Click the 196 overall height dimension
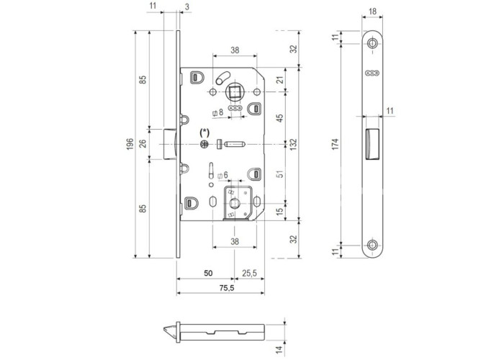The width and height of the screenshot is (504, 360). (x=129, y=145)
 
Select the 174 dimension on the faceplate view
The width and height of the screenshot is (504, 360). (x=336, y=144)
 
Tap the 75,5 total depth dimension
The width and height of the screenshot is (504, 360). (x=227, y=288)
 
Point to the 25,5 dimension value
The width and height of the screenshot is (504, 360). (x=249, y=273)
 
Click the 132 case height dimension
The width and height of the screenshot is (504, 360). (x=294, y=145)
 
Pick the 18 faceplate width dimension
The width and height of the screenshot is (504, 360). (x=372, y=12)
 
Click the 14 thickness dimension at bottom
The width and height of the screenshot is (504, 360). (x=279, y=348)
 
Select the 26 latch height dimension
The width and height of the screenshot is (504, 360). (x=143, y=143)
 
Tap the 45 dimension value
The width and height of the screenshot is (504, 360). (x=279, y=118)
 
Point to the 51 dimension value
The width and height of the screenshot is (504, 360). (x=279, y=174)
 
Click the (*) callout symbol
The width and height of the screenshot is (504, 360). (x=204, y=132)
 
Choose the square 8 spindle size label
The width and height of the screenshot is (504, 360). (x=218, y=112)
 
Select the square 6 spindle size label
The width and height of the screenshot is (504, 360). (x=222, y=175)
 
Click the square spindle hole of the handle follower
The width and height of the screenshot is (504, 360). (x=235, y=92)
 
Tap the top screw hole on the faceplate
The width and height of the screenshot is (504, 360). (x=372, y=43)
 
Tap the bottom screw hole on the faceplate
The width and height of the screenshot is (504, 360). (x=372, y=245)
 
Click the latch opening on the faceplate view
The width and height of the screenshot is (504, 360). (x=372, y=144)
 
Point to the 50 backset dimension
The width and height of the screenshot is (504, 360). (x=208, y=273)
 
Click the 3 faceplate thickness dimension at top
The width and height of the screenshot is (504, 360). (x=187, y=6)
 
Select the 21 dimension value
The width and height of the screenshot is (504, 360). (x=279, y=80)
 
